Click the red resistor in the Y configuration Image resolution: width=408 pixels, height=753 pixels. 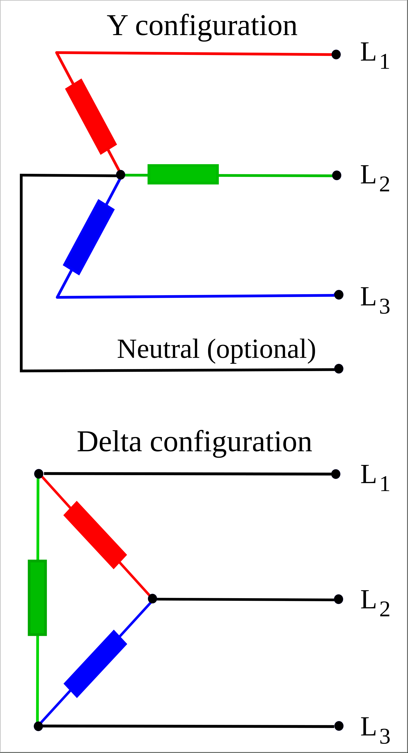tap(91, 116)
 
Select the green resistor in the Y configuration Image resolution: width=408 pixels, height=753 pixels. tap(183, 174)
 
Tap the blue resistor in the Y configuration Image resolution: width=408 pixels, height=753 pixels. tap(89, 237)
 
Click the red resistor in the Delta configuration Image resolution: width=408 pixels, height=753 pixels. tap(95, 535)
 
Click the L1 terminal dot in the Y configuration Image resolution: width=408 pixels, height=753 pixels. tap(336, 54)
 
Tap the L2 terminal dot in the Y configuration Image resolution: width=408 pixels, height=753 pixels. tap(337, 175)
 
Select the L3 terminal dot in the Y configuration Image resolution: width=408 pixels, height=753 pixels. tap(339, 295)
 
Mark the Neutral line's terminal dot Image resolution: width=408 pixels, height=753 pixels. tap(339, 369)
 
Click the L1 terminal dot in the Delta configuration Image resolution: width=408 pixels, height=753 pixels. tap(336, 474)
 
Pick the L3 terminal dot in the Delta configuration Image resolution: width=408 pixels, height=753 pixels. tap(339, 726)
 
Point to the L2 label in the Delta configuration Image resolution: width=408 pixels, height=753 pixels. tap(375, 601)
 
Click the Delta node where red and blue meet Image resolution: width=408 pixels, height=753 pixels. tap(152, 599)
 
